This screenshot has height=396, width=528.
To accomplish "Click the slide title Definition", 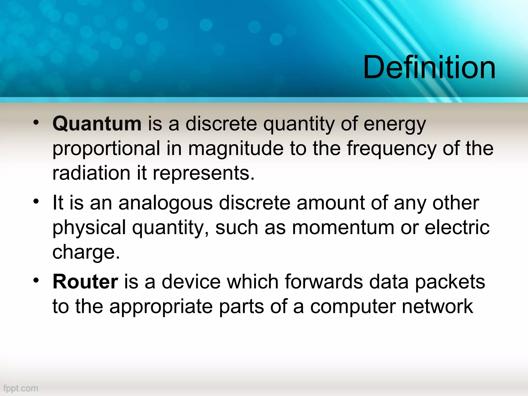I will [429, 68].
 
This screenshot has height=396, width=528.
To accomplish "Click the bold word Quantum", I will [97, 124].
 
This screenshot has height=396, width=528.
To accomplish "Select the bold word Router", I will [85, 282].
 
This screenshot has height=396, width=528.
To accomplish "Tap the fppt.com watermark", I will [21, 388].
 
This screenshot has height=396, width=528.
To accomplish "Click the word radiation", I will [91, 173].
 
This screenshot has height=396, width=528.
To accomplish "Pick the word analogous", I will [166, 203].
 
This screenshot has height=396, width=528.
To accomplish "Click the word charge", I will [86, 252].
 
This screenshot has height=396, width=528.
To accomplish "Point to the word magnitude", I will [236, 148].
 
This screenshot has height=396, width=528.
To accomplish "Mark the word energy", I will [395, 124].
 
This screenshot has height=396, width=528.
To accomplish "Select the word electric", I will [457, 228].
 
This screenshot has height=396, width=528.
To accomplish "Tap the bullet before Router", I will [36, 280].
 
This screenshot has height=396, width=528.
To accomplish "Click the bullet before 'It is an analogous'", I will [36, 201].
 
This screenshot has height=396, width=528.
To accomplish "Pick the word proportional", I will [106, 148].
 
